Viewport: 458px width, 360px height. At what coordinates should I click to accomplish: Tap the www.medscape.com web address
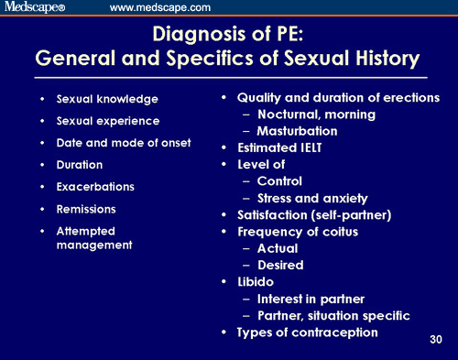(x=160, y=8)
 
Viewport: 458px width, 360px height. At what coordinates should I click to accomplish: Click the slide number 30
(x=437, y=340)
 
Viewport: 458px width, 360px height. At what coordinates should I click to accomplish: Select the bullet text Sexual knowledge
(x=107, y=98)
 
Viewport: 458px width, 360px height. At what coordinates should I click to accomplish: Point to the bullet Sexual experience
(x=108, y=120)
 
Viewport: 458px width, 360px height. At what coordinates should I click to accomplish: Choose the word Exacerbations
(x=95, y=186)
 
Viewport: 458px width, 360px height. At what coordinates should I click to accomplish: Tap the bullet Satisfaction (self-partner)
(x=316, y=214)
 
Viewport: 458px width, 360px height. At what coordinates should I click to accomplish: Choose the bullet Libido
(x=256, y=281)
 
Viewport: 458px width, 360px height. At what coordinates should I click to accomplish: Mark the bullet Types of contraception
(x=307, y=332)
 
